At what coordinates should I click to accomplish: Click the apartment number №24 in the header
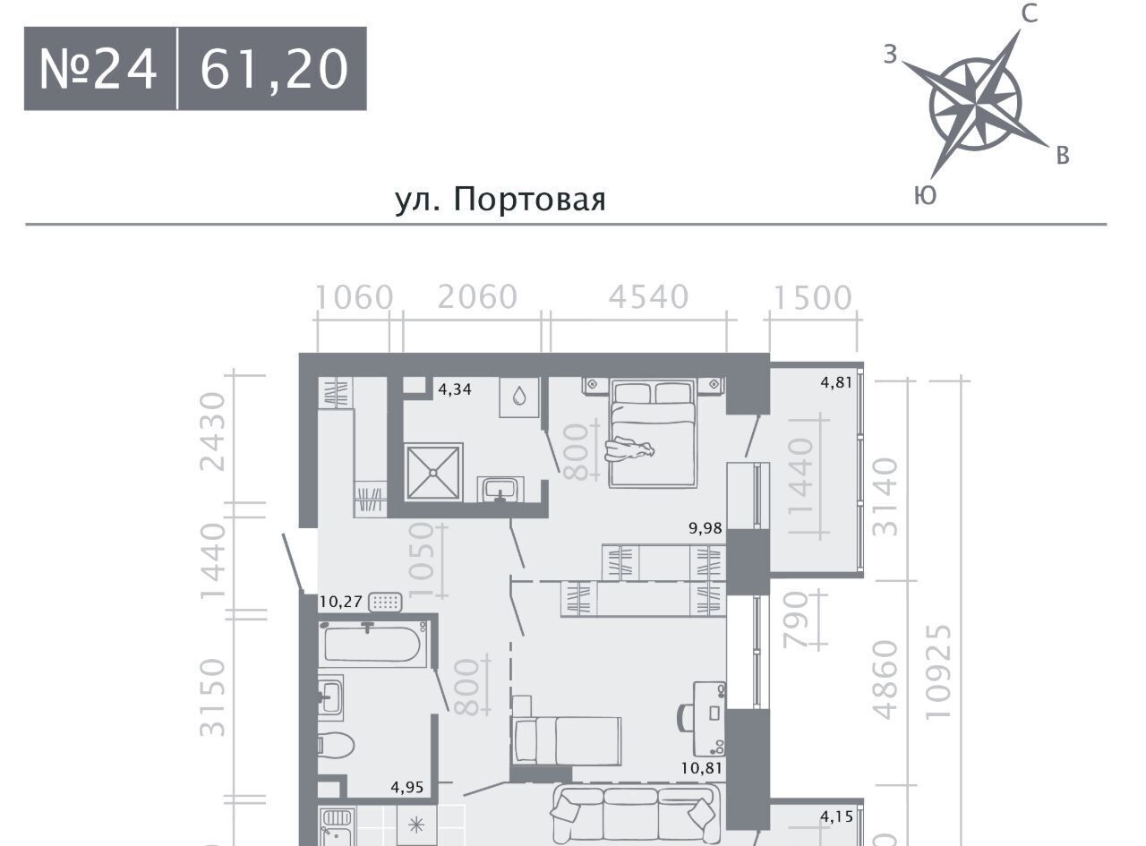click(98, 69)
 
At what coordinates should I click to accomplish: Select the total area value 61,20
click(274, 69)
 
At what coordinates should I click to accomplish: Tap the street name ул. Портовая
click(500, 200)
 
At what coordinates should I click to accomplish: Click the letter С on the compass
click(1030, 13)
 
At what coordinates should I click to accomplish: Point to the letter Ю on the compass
click(925, 196)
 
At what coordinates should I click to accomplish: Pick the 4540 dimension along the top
click(648, 297)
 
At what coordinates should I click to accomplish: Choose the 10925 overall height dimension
click(937, 671)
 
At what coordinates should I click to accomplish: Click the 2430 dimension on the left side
click(213, 432)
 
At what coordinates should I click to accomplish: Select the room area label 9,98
click(706, 528)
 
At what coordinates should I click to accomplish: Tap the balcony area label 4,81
click(836, 382)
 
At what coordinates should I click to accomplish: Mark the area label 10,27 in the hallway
click(340, 602)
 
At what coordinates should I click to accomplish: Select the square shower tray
click(433, 473)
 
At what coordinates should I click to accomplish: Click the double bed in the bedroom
click(652, 433)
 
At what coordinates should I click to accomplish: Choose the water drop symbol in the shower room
click(519, 397)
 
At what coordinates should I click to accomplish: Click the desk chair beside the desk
click(684, 717)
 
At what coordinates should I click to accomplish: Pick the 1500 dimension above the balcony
click(813, 298)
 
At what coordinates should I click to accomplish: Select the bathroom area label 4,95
click(407, 787)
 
